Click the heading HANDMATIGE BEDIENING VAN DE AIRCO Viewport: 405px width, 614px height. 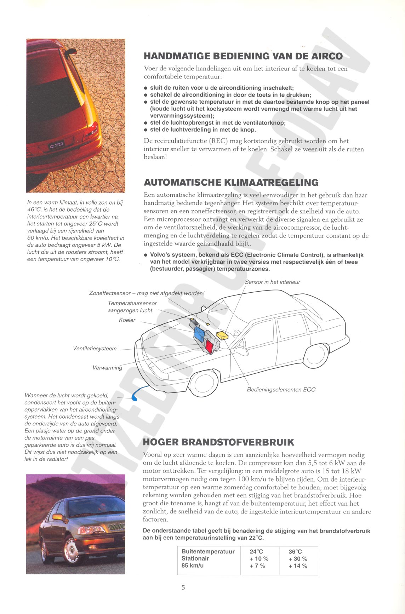coord(243,56)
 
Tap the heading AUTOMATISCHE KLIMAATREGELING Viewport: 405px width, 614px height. coord(231,183)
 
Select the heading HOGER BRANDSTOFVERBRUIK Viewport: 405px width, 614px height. coord(218,442)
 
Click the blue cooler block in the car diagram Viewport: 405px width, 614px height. coord(201,334)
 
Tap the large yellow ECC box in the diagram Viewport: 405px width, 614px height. coord(222,335)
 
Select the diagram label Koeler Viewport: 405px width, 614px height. coord(127,320)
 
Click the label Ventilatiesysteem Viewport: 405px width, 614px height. coord(95,349)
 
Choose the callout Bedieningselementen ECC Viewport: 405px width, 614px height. coord(281,390)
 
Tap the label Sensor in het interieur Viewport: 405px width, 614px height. coord(272,282)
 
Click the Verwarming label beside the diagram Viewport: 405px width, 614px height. coord(107,368)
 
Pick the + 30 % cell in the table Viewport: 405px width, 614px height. coord(298,558)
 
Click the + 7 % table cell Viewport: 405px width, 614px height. coord(257,566)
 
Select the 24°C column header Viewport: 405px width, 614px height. coord(256,551)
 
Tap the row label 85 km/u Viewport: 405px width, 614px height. coord(193,566)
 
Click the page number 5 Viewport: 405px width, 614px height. coord(183,587)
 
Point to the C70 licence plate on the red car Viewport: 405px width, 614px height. coord(57,145)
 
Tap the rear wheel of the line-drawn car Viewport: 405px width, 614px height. coord(315,355)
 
